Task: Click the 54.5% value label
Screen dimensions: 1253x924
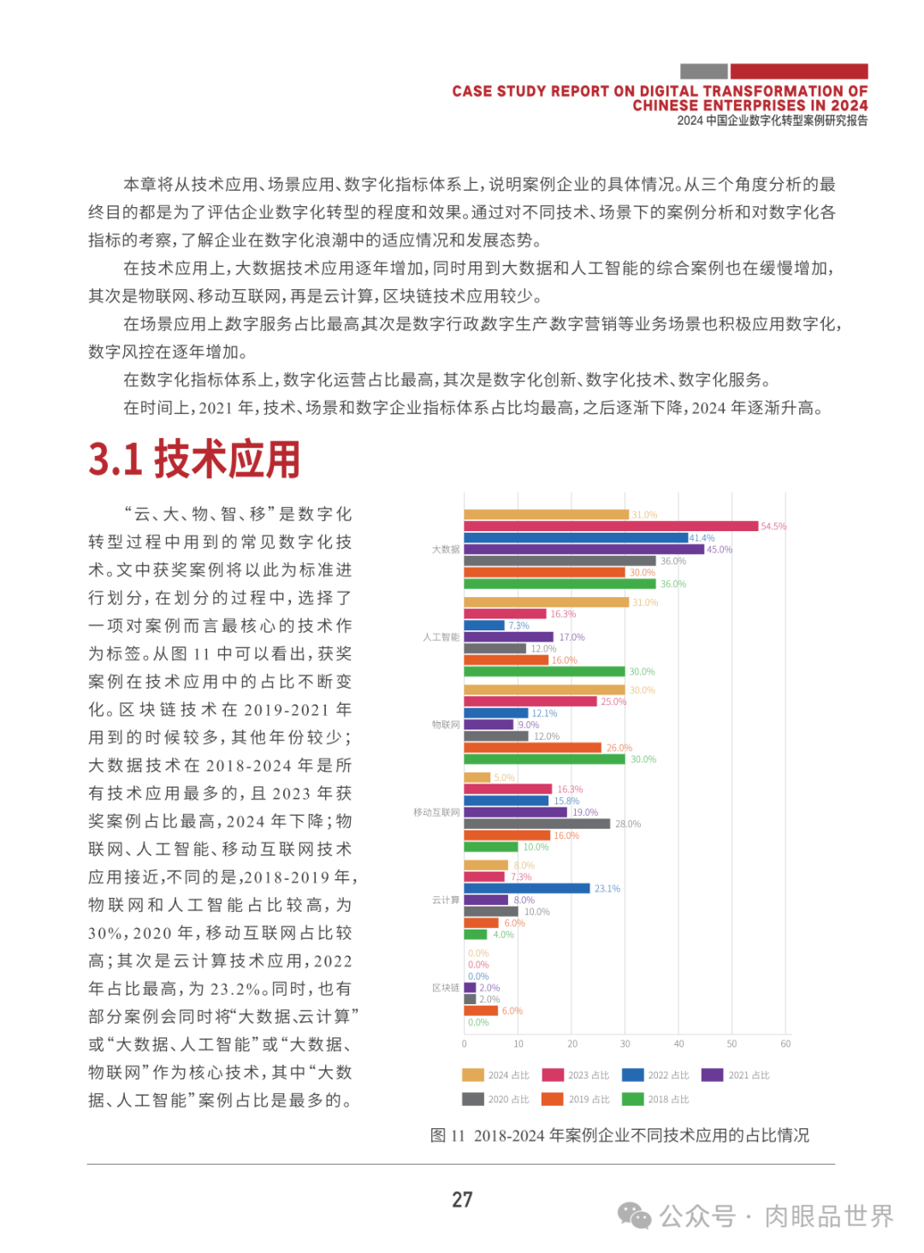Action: [773, 527]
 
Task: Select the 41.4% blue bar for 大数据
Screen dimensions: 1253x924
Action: [576, 538]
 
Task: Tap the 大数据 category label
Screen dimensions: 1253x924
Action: [445, 550]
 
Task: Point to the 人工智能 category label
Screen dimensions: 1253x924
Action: [441, 637]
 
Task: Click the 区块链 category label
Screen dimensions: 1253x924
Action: [445, 988]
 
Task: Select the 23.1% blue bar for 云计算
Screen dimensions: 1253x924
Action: [527, 889]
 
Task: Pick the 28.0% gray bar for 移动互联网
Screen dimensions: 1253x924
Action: [536, 824]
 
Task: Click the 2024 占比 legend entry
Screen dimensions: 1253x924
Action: [496, 1075]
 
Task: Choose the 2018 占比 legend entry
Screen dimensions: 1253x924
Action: [656, 1099]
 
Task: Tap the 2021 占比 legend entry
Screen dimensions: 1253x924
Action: [736, 1075]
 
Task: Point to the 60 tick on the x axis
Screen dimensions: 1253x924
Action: [785, 1043]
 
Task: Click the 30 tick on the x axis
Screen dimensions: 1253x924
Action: [625, 1043]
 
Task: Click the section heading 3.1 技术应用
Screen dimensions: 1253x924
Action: [194, 459]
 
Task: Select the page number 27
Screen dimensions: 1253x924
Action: [462, 1200]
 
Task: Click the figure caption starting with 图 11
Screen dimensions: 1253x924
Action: [619, 1135]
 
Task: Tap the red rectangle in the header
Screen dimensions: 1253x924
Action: [798, 72]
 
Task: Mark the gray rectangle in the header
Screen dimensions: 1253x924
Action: [703, 72]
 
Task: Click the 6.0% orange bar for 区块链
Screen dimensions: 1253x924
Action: [481, 1011]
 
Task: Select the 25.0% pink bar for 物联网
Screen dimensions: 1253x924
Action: [530, 701]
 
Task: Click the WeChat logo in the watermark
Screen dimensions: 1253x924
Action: [634, 1215]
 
